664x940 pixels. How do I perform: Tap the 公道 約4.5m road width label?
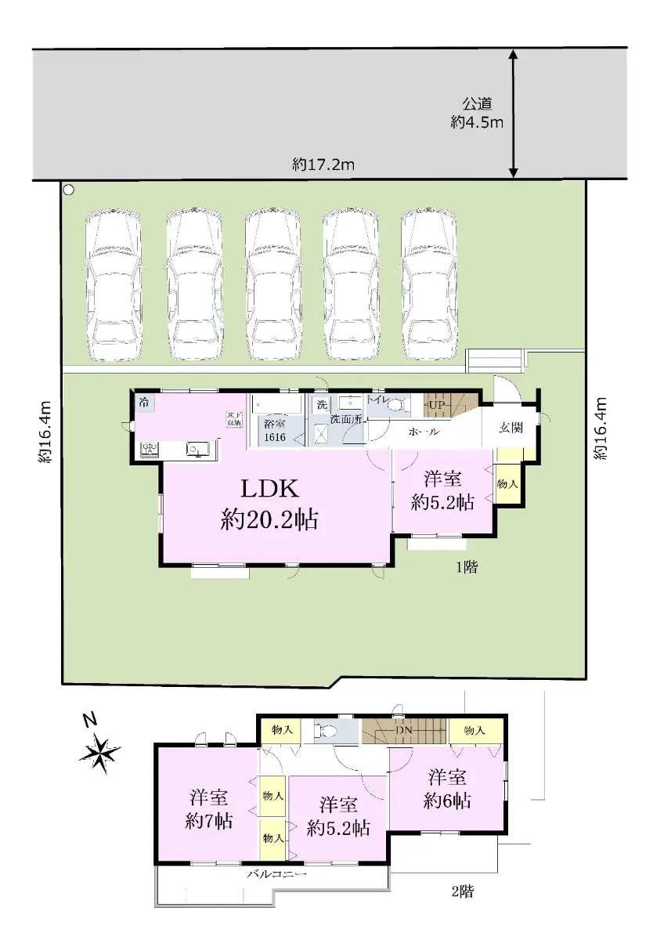pyautogui.click(x=477, y=113)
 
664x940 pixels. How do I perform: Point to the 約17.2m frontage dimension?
pyautogui.click(x=323, y=164)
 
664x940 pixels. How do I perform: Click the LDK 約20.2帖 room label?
pyautogui.click(x=269, y=504)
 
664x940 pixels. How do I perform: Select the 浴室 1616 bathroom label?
pyautogui.click(x=275, y=430)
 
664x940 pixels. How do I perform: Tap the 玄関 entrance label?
pyautogui.click(x=511, y=428)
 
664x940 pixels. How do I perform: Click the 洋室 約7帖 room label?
pyautogui.click(x=208, y=809)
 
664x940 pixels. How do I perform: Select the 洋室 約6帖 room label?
pyautogui.click(x=447, y=790)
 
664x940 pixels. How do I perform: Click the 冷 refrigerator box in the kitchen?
pyautogui.click(x=145, y=403)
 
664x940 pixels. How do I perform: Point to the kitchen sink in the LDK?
pyautogui.click(x=198, y=450)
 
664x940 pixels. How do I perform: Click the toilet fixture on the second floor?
pyautogui.click(x=326, y=732)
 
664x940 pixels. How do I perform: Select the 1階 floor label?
pyautogui.click(x=467, y=568)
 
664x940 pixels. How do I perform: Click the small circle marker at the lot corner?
pyautogui.click(x=69, y=190)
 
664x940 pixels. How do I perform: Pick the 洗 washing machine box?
pyautogui.click(x=322, y=405)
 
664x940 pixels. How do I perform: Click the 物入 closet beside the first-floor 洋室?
pyautogui.click(x=507, y=483)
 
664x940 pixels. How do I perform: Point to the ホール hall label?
pyautogui.click(x=424, y=432)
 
